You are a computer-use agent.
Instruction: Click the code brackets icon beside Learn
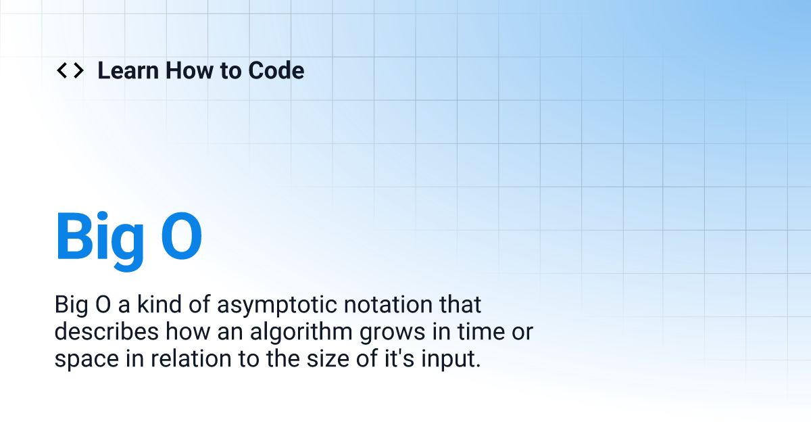[x=70, y=70]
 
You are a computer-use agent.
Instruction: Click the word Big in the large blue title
[x=100, y=237]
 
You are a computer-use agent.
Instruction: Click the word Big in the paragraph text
[x=71, y=306]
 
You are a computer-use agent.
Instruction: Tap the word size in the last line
[x=314, y=358]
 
